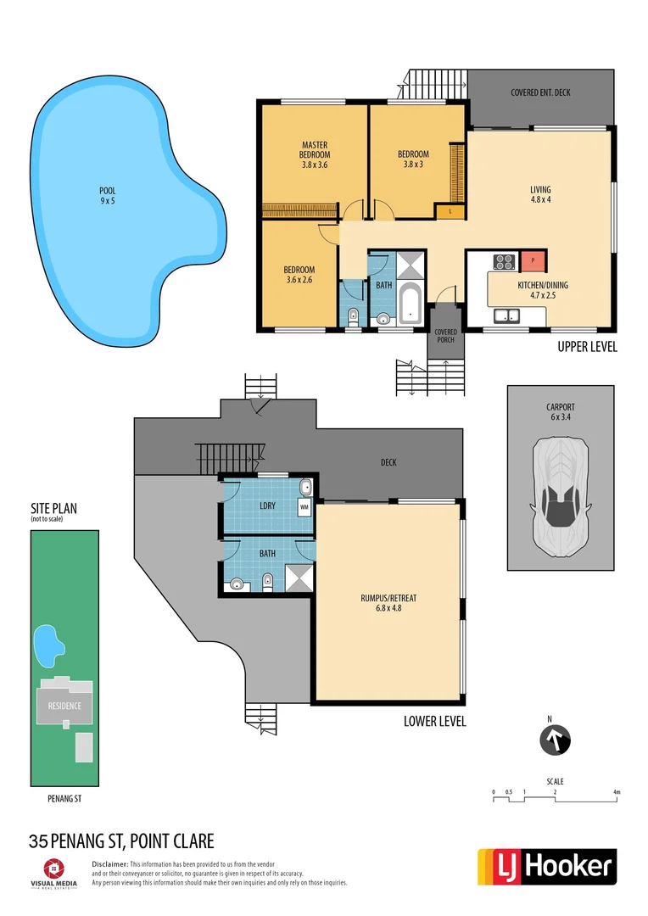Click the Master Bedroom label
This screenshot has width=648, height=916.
coord(314,154)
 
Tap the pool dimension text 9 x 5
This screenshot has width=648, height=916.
coord(107,201)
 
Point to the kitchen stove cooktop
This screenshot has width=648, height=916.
coord(506,261)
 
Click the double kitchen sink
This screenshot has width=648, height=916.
coord(507,316)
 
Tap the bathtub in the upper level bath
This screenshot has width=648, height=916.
coord(410,305)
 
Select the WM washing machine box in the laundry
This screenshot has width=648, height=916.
coord(304,508)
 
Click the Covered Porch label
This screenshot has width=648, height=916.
coord(445,336)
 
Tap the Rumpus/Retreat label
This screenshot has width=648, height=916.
coord(388,602)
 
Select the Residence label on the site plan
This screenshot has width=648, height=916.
coord(64,706)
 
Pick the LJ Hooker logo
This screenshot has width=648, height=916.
coord(547,866)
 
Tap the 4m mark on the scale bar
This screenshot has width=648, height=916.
coord(617,793)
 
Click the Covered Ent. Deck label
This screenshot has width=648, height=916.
coord(540,92)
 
